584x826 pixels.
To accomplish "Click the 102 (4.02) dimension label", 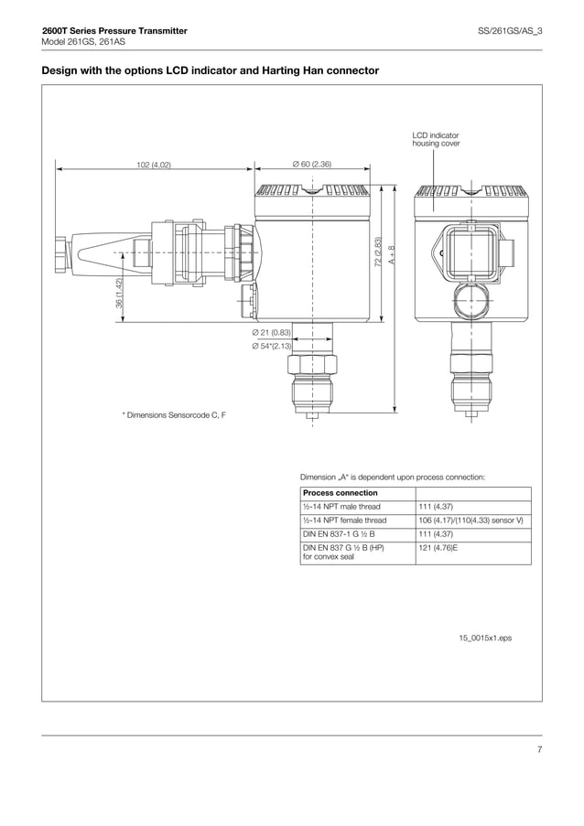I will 154,165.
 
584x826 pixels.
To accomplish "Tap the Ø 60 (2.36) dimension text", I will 311,165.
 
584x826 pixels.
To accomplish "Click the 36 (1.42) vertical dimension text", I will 119,293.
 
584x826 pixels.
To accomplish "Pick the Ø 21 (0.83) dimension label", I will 272,332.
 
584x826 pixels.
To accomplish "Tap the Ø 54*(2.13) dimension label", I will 272,346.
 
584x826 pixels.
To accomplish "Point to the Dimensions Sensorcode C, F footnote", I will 174,415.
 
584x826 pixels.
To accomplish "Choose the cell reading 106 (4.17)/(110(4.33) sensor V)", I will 470,520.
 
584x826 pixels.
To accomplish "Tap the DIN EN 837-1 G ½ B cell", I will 339,533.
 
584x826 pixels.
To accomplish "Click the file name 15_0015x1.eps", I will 485,637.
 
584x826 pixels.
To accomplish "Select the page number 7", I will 539,750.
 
